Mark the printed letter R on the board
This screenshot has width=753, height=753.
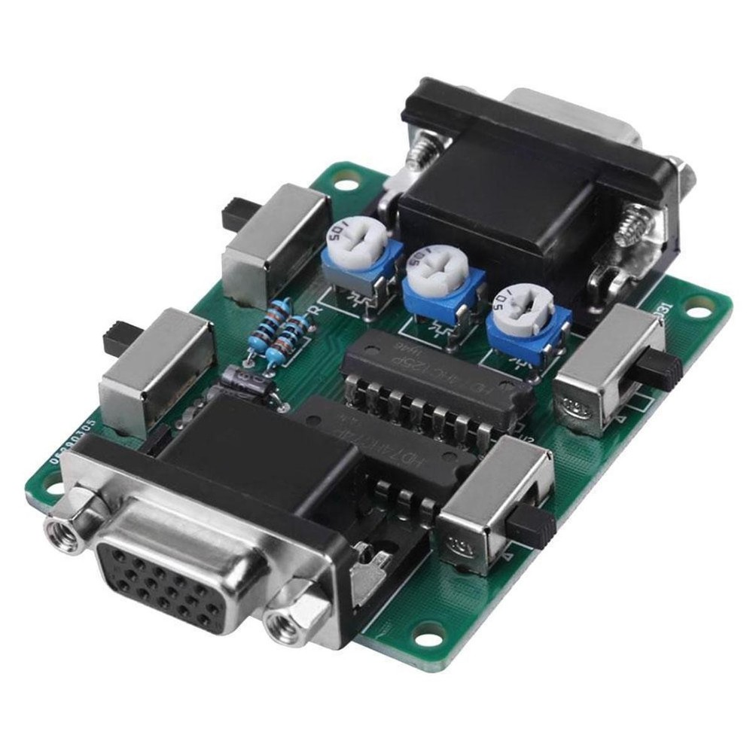point(316,309)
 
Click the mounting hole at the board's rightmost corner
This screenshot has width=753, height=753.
point(700,309)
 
